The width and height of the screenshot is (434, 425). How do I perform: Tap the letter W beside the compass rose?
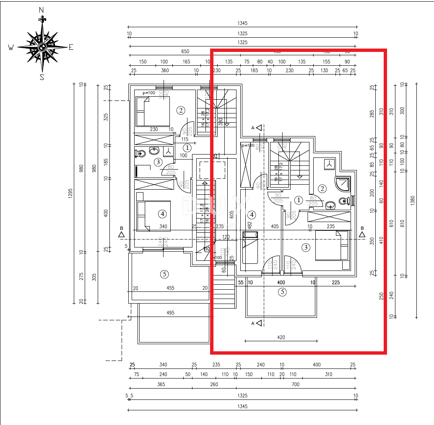click(x=11, y=48)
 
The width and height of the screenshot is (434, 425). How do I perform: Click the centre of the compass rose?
click(x=42, y=47)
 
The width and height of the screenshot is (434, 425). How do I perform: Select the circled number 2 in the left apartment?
click(x=181, y=111)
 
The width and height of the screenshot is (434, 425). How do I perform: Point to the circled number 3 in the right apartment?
click(x=306, y=247)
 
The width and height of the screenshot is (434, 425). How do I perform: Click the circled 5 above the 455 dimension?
click(x=164, y=274)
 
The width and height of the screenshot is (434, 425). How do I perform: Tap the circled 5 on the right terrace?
click(x=283, y=292)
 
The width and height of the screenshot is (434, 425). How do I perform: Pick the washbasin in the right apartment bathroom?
click(x=330, y=205)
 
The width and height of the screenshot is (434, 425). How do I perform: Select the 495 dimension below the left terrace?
click(x=170, y=313)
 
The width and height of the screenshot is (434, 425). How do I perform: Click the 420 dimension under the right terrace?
click(x=281, y=337)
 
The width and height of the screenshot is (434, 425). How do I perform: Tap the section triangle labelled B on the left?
click(x=121, y=234)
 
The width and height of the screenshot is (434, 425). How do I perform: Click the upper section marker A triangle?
click(x=259, y=127)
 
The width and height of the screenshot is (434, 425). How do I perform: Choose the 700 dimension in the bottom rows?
click(x=296, y=384)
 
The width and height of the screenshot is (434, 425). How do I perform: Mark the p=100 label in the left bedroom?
click(x=149, y=93)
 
